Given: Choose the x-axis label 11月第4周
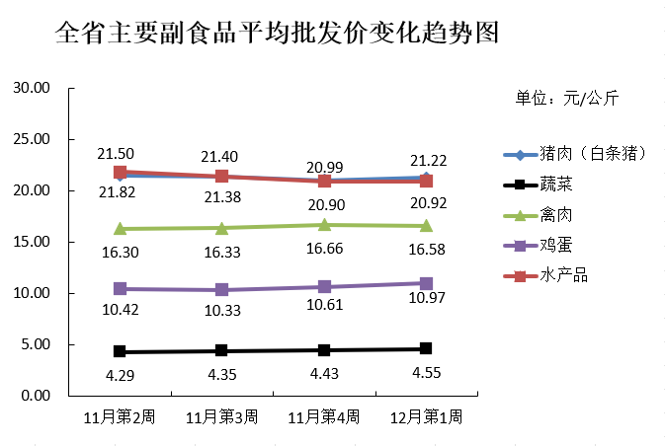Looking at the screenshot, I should coord(323,417).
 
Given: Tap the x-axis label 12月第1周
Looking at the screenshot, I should coord(426,417).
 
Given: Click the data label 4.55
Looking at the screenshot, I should coord(426,373).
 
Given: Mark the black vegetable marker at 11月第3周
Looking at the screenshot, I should coord(221,350).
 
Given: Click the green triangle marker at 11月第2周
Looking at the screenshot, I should coord(120,228).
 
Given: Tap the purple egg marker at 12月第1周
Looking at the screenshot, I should coord(426,283).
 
